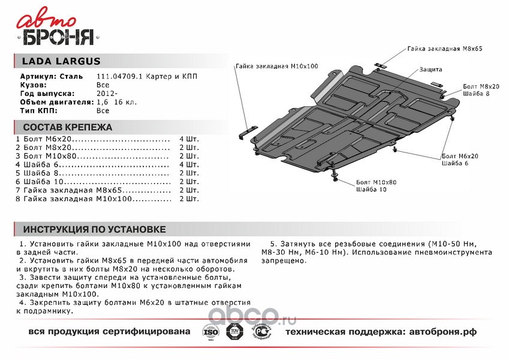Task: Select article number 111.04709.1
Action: [x=120, y=77]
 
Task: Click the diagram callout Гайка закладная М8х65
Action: [x=444, y=47]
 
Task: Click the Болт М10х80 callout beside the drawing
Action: [x=376, y=182]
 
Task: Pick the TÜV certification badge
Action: [x=233, y=332]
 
